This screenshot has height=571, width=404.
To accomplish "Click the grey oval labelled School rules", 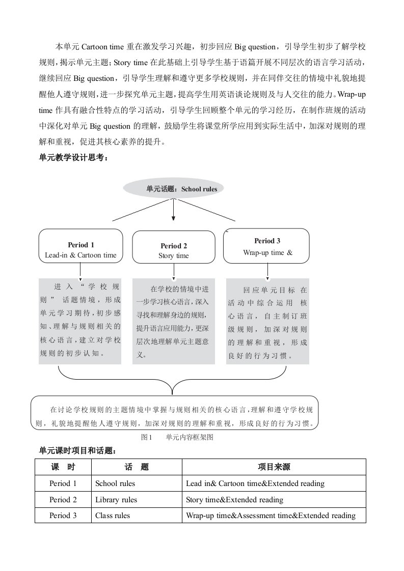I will (x=174, y=189).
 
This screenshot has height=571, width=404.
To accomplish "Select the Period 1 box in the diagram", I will (x=81, y=246).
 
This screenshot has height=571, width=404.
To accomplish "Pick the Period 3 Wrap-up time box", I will (x=267, y=246).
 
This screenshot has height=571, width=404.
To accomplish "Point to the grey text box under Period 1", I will (x=80, y=321).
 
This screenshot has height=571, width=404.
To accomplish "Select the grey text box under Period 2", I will (x=174, y=321).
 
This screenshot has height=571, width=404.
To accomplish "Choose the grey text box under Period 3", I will (x=267, y=321).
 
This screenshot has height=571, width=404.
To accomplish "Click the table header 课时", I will (x=63, y=467).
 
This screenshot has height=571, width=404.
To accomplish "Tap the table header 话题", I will (x=137, y=467).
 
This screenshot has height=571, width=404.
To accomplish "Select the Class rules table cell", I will (x=113, y=516).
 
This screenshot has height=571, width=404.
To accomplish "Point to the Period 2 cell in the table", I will (x=63, y=499).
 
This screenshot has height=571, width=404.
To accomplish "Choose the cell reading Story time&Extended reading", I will (x=235, y=499).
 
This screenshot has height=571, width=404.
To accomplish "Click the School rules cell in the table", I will (x=115, y=483).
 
